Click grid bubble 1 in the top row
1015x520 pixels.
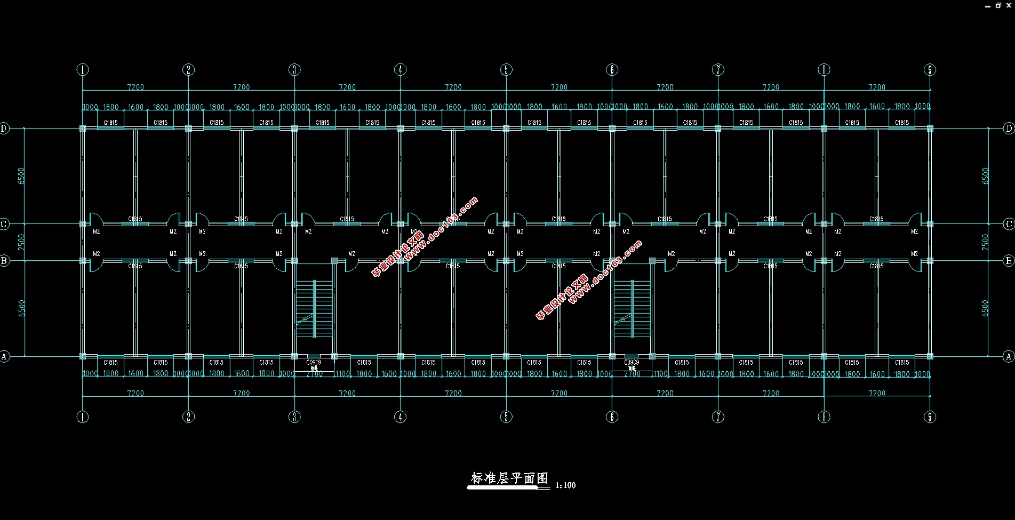coord(83,69)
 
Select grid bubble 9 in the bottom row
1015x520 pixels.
coord(930,417)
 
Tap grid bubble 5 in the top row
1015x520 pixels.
coord(506,69)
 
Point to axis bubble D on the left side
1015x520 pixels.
coord(4,128)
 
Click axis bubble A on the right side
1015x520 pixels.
coord(1009,356)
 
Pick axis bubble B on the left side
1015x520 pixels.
coord(4,261)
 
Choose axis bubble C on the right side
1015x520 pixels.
coord(1009,224)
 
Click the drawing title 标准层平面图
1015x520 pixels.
coord(509,478)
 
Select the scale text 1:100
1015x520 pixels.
coord(565,485)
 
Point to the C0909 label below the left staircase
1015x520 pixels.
coord(314,363)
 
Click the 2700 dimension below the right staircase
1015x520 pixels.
coord(632,374)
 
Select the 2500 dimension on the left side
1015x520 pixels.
coord(21,242)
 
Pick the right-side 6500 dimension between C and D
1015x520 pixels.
coord(986,176)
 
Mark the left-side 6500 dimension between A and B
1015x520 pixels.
coord(21,308)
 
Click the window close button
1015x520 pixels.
coord(1009,5)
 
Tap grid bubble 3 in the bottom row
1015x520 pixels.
coord(294,417)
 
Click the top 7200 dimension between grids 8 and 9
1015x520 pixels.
coord(877,87)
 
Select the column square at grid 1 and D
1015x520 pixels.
coord(83,129)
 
